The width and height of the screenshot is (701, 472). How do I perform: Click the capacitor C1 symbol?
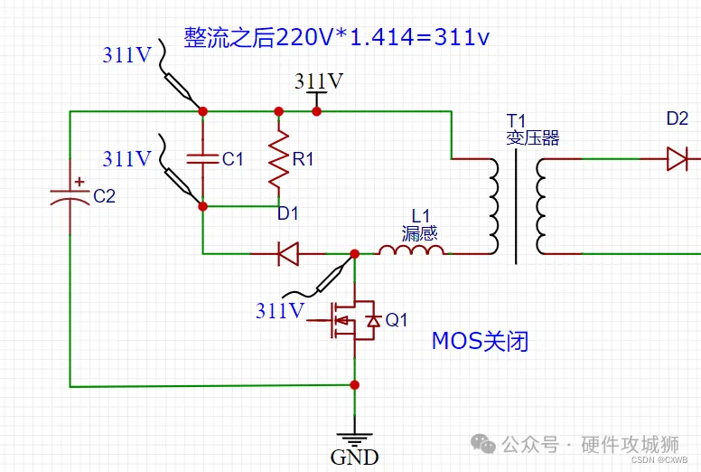tap(202, 158)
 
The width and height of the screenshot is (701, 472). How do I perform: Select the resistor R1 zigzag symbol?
tap(278, 159)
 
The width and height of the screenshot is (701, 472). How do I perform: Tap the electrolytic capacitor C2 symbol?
tap(70, 197)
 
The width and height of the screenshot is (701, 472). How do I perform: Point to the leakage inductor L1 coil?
tap(411, 250)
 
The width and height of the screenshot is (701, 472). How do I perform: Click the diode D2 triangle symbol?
tap(677, 159)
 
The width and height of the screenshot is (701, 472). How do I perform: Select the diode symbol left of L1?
tap(288, 254)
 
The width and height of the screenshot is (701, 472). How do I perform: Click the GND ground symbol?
tap(354, 439)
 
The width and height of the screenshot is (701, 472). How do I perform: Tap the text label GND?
tap(354, 458)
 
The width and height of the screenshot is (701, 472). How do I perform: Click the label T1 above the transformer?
tap(516, 121)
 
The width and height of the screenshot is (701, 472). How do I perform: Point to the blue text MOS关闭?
tap(480, 341)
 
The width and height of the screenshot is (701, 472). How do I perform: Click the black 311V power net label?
tap(319, 81)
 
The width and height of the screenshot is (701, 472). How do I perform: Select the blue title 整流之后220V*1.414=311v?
tap(337, 37)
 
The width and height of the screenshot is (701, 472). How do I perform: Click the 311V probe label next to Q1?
tap(280, 310)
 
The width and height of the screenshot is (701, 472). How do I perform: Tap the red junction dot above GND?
tap(354, 385)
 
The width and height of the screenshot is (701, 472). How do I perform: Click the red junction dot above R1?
tap(278, 111)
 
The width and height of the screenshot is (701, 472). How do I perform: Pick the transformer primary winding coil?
tap(493, 206)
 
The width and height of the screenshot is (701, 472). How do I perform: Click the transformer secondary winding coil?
tap(541, 206)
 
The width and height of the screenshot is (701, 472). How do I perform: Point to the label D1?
tap(287, 213)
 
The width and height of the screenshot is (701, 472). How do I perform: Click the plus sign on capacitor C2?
tap(79, 181)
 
